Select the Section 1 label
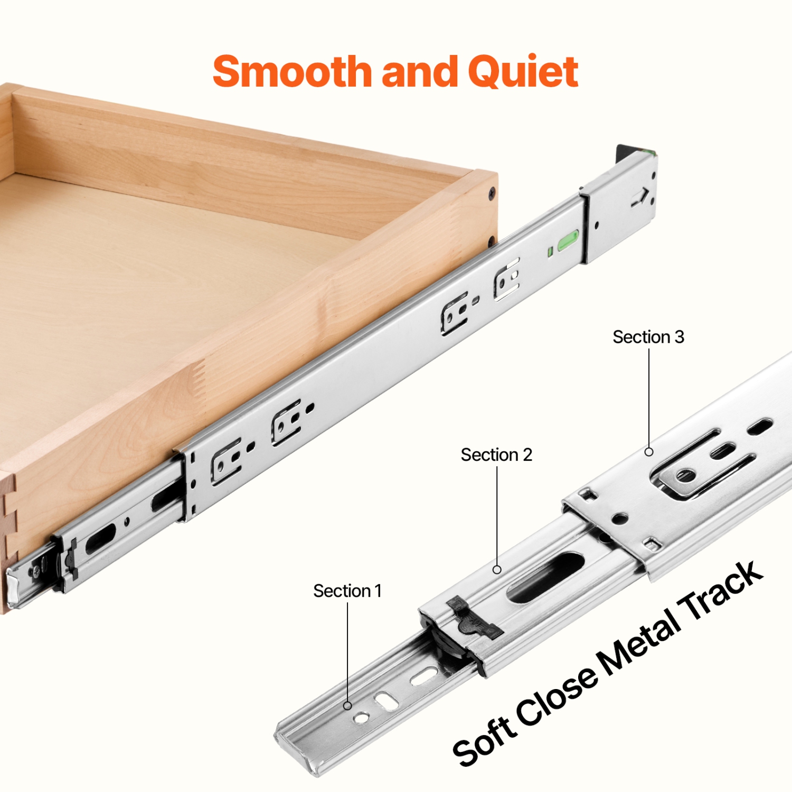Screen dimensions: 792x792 click(347, 591)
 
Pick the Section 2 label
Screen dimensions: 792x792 click(496, 455)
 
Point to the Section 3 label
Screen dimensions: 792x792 click(648, 337)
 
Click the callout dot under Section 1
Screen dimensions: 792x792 click(347, 706)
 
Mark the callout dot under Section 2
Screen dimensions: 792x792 click(497, 570)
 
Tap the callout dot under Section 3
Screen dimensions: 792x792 click(649, 452)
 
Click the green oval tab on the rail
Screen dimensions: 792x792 click(568, 240)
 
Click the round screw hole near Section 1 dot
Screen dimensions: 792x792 click(362, 718)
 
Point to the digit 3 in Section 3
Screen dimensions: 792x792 click(679, 337)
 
